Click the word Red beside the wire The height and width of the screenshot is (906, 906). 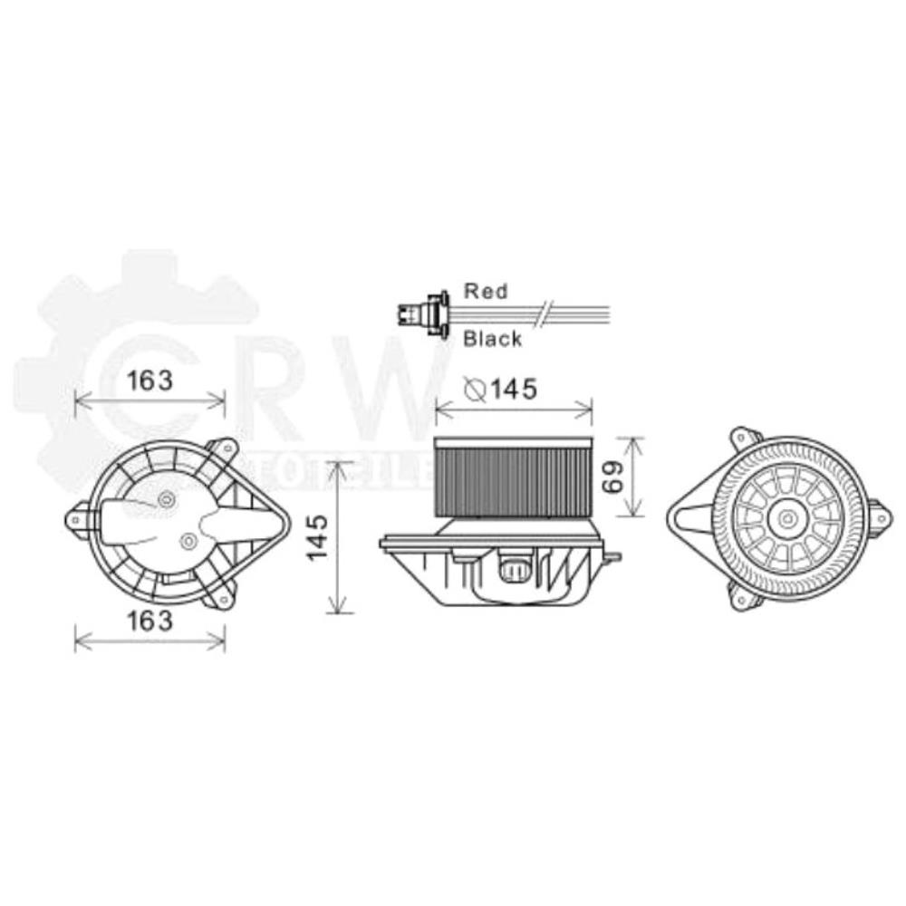pyautogui.click(x=486, y=291)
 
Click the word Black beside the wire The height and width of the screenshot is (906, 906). pyautogui.click(x=492, y=339)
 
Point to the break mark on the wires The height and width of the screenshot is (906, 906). pyautogui.click(x=541, y=314)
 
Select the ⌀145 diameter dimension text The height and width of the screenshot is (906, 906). pyautogui.click(x=501, y=389)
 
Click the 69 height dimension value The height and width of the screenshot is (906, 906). pyautogui.click(x=612, y=477)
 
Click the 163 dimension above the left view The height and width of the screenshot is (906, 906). pyautogui.click(x=149, y=381)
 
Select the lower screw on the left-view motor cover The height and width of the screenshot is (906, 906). pyautogui.click(x=188, y=542)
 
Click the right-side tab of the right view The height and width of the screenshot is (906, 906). pyautogui.click(x=878, y=516)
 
